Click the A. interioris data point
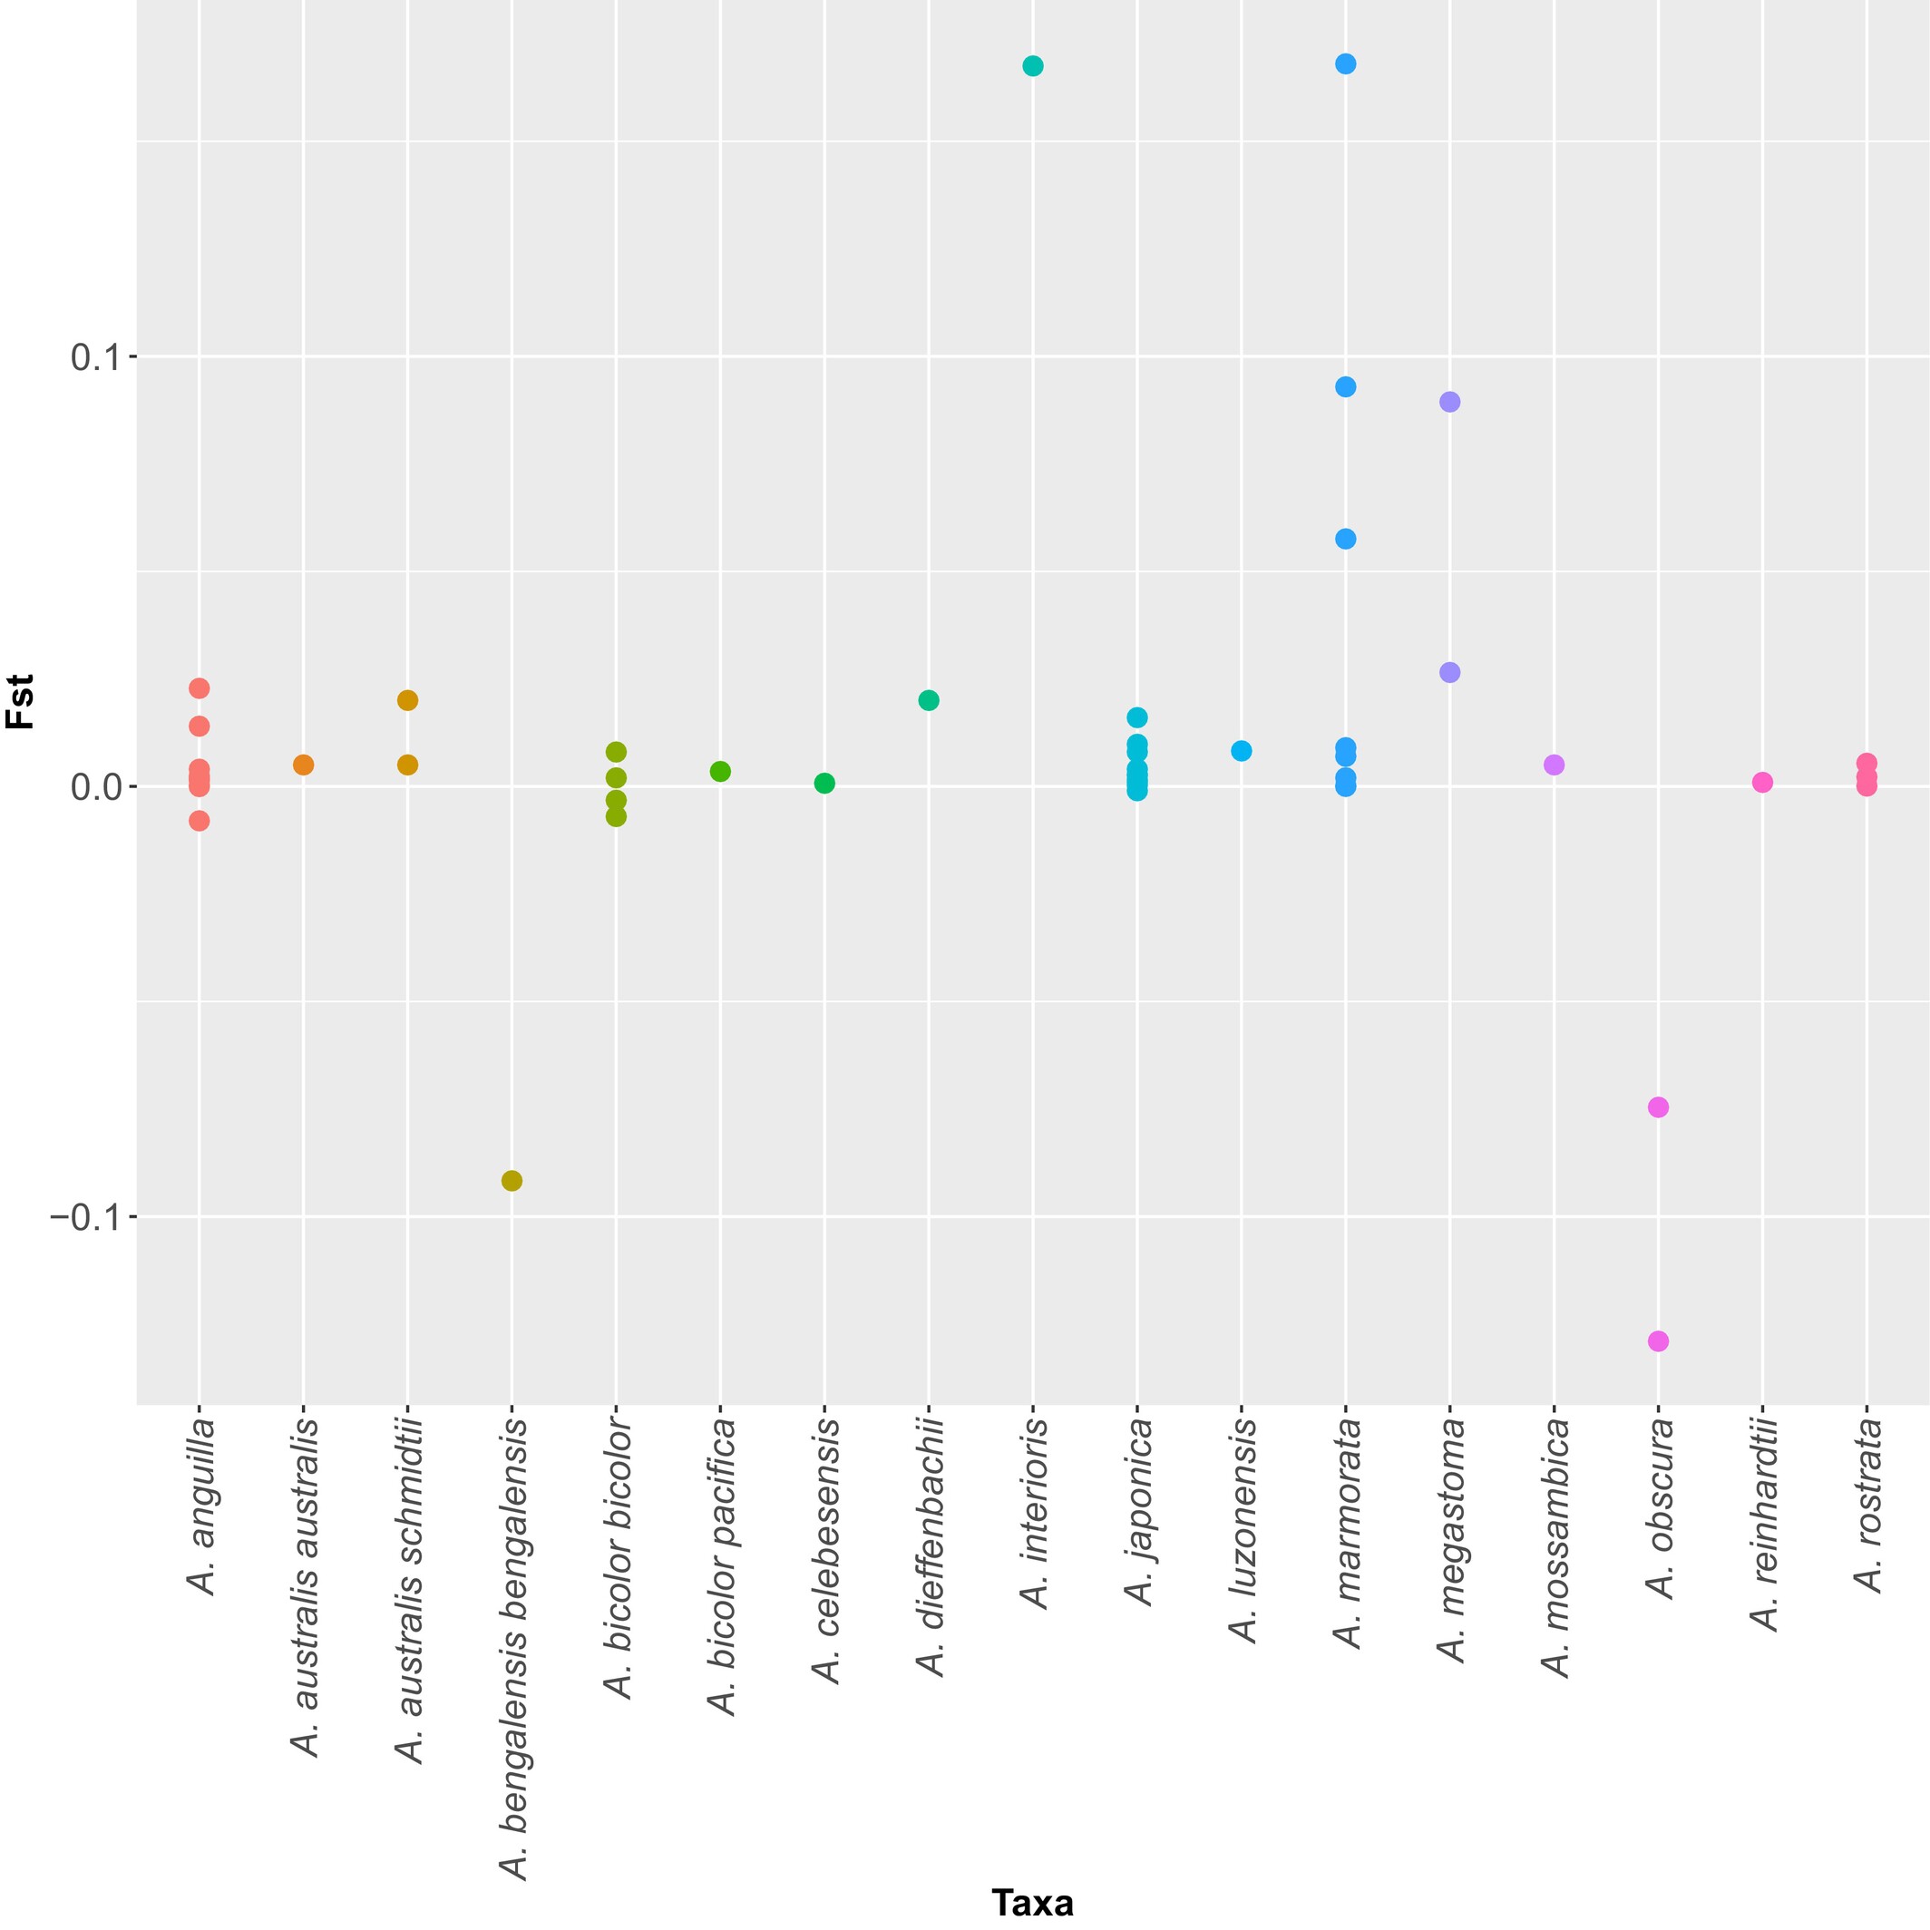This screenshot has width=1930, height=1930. pyautogui.click(x=1033, y=66)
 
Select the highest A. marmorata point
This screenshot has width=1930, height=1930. pyautogui.click(x=1346, y=63)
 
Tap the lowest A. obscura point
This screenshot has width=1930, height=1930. pyautogui.click(x=1658, y=1340)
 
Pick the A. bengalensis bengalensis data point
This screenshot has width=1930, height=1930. pyautogui.click(x=512, y=1181)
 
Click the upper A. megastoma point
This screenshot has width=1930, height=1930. pyautogui.click(x=1449, y=402)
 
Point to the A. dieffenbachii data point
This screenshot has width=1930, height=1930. pyautogui.click(x=928, y=700)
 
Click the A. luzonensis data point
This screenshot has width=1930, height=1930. pyautogui.click(x=1242, y=750)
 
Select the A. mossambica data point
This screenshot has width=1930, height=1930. pyautogui.click(x=1554, y=765)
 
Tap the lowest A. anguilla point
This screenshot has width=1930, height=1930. pyautogui.click(x=199, y=821)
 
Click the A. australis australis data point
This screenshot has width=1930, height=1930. pyautogui.click(x=304, y=765)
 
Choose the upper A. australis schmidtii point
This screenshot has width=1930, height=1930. pyautogui.click(x=407, y=700)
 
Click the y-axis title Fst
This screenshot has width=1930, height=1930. pyautogui.click(x=21, y=701)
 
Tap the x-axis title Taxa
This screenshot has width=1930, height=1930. pyautogui.click(x=1032, y=1902)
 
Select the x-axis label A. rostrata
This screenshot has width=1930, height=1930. pyautogui.click(x=1867, y=1506)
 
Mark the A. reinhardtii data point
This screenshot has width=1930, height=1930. pyautogui.click(x=1762, y=782)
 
